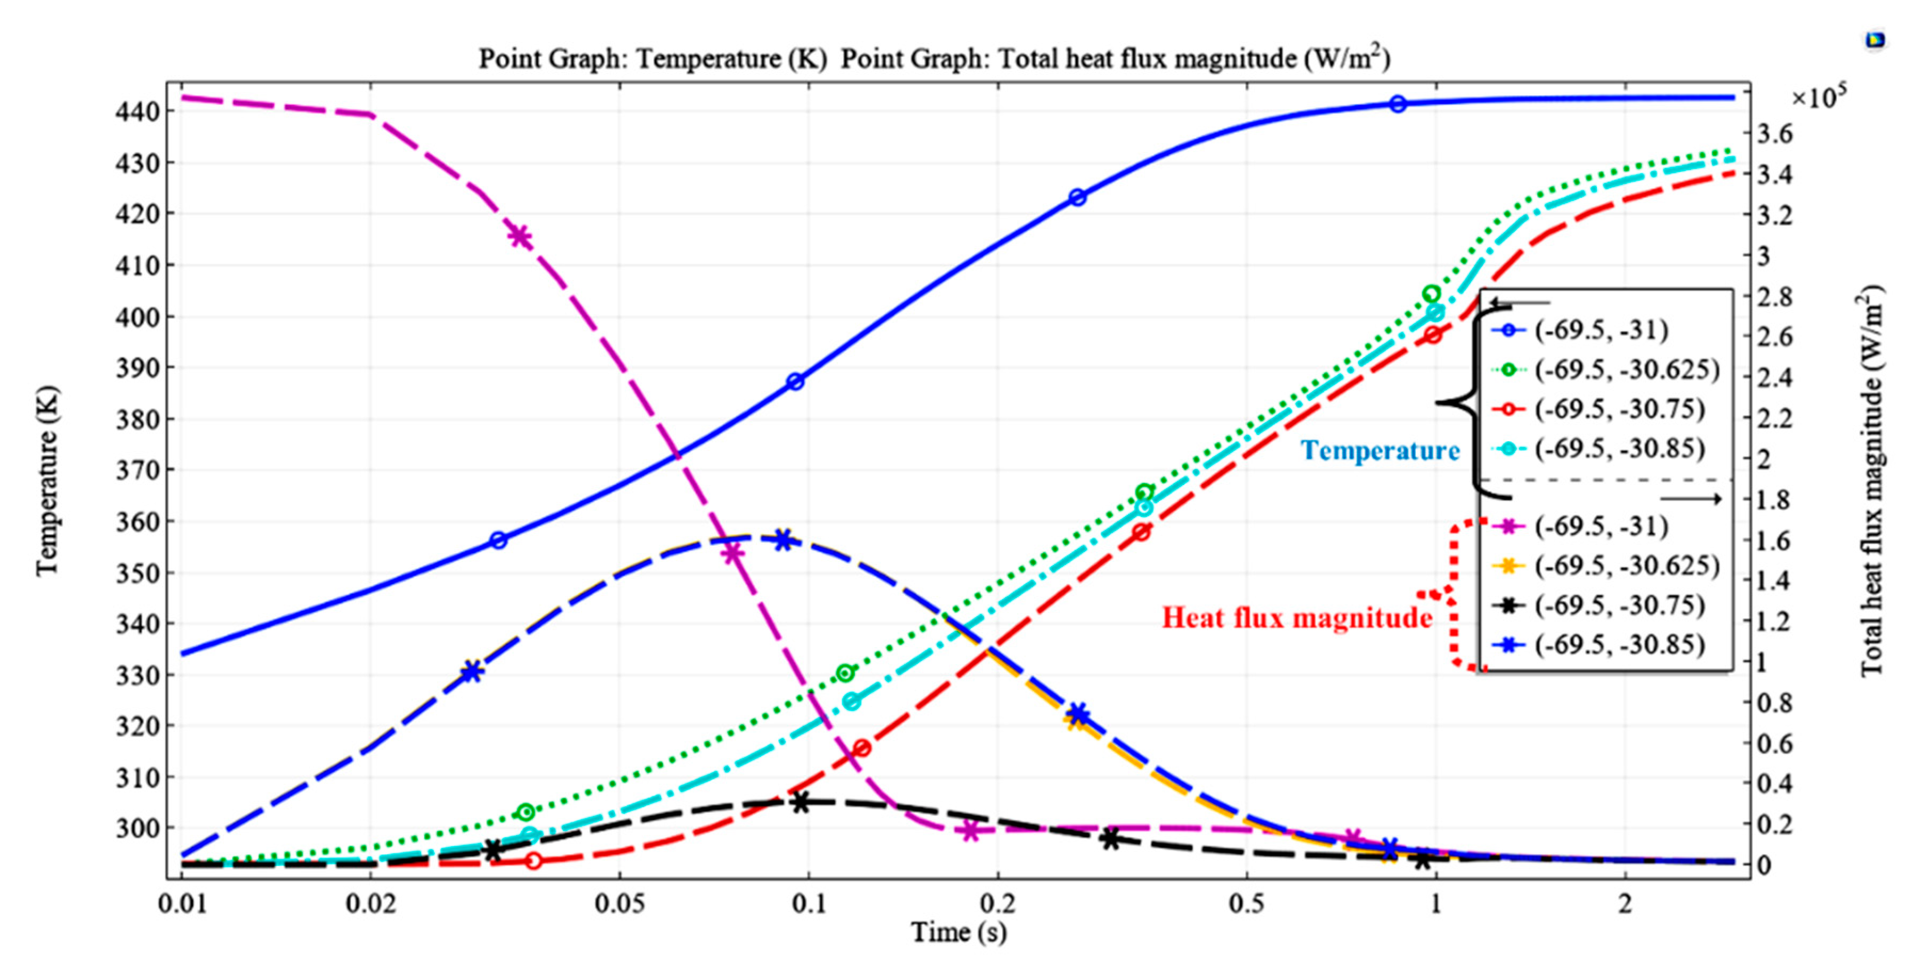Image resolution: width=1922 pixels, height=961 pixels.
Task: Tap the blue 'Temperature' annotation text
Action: click(x=1380, y=451)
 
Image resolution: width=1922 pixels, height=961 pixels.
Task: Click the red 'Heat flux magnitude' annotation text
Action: click(x=1297, y=618)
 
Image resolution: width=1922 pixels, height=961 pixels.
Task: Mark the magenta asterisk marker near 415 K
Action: click(x=520, y=237)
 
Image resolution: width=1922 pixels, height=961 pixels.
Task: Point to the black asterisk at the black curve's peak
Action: click(x=801, y=803)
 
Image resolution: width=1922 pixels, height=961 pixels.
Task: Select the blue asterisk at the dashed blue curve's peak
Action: click(x=782, y=540)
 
